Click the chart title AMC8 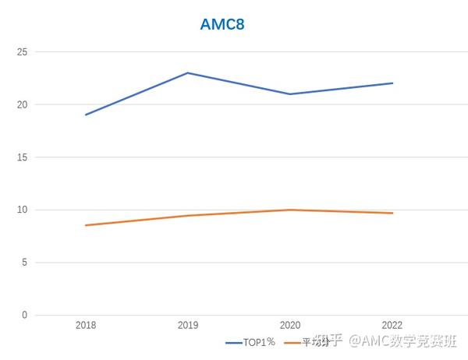(223, 24)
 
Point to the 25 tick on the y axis (22, 52)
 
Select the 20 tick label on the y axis (22, 104)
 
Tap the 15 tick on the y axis (22, 157)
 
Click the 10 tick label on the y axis (22, 210)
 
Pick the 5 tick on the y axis (24, 263)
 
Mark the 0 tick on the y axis (24, 316)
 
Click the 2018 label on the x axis (86, 325)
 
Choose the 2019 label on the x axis (188, 325)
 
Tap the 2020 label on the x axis (290, 325)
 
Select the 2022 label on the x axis (392, 325)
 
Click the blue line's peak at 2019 (188, 73)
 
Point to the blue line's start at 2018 (86, 115)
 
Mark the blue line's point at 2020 (290, 94)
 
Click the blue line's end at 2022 (392, 83)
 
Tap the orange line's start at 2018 (86, 225)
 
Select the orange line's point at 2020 (290, 210)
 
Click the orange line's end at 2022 (392, 213)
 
